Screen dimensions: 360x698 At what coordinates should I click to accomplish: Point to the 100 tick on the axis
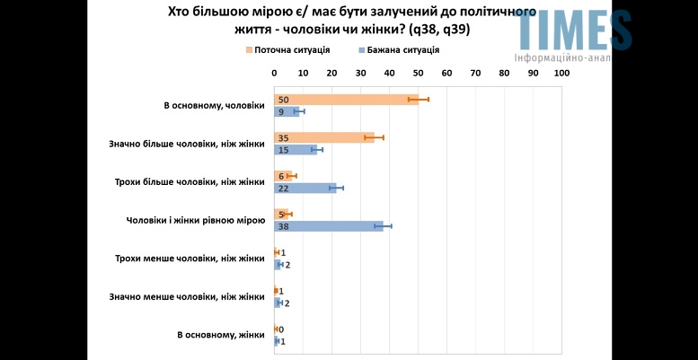(562, 73)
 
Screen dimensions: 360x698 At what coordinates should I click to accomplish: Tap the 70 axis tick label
(476, 73)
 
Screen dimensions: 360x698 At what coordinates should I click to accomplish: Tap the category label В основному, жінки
(221, 335)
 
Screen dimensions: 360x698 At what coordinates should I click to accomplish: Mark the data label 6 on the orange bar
(281, 176)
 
